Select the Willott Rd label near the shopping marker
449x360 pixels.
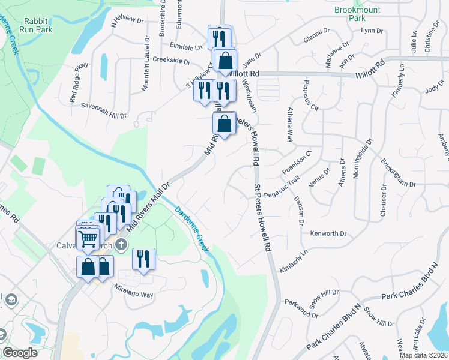click(246, 74)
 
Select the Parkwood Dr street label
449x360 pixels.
click(300, 303)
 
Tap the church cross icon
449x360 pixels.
click(121, 244)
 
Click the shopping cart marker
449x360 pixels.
click(89, 239)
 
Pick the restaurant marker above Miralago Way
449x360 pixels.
click(143, 259)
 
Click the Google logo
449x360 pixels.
click(20, 353)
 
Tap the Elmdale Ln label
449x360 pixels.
click(186, 46)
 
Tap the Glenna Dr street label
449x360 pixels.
click(318, 34)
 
